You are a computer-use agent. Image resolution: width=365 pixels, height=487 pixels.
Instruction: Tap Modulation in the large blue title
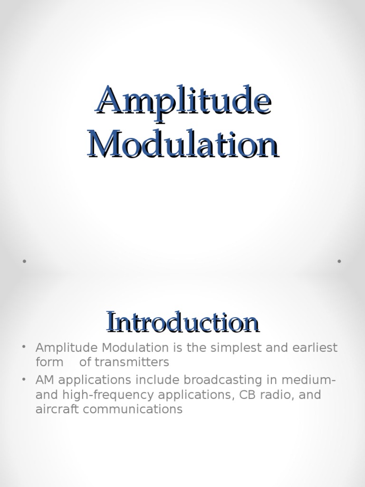point(183,144)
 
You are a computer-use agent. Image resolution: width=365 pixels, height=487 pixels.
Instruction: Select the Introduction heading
point(182,322)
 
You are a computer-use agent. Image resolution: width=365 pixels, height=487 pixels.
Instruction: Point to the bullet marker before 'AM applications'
point(23,379)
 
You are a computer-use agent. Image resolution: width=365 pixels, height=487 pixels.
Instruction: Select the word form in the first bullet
point(49,362)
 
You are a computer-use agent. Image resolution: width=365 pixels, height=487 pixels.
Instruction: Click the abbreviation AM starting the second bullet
point(45,380)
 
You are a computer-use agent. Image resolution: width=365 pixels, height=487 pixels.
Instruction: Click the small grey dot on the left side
point(23,261)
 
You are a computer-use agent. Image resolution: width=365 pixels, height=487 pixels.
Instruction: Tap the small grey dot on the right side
point(339,261)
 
